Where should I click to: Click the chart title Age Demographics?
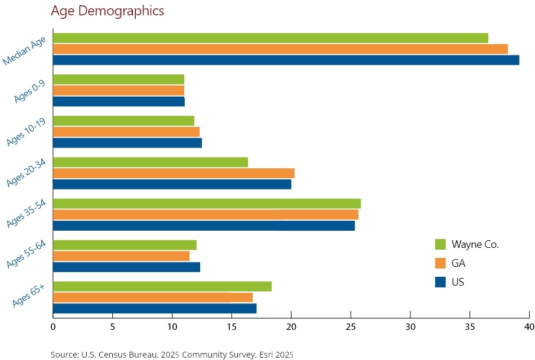(107, 11)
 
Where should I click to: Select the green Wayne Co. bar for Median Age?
(270, 38)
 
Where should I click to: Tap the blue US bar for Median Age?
(286, 60)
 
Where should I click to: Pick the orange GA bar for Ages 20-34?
(174, 173)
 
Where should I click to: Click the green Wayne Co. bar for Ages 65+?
(162, 286)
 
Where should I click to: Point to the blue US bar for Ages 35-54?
(204, 225)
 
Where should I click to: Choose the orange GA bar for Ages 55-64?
(121, 256)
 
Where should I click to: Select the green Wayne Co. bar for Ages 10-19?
(123, 121)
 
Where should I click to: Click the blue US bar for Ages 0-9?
(119, 102)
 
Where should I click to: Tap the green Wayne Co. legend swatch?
(440, 244)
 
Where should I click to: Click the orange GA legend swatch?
(440, 263)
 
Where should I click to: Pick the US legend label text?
(458, 282)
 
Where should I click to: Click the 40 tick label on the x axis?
(529, 326)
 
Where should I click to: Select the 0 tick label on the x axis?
(53, 326)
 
